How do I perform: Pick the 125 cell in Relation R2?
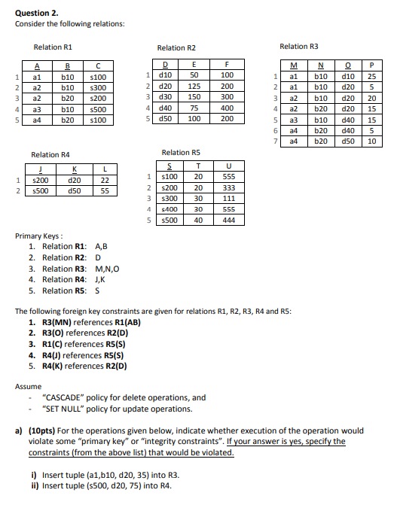tap(194, 86)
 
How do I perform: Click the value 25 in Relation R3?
tap(371, 76)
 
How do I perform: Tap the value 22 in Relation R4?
tap(105, 180)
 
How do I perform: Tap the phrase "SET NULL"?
tap(68, 409)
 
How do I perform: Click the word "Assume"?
tap(29, 386)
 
